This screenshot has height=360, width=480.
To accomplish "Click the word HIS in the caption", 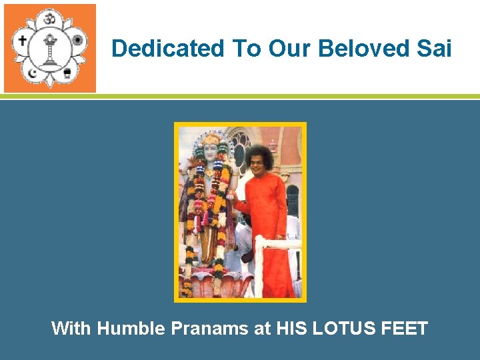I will pos(291,329).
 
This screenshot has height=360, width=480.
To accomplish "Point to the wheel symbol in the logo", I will pos(77,40).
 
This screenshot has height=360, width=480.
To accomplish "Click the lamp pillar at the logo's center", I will pos(49,49).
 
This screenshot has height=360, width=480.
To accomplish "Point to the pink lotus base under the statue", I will pos(213,283).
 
